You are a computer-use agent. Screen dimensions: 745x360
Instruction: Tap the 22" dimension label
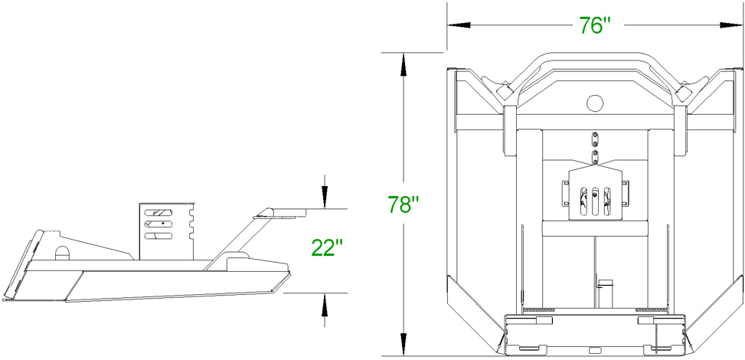point(327,247)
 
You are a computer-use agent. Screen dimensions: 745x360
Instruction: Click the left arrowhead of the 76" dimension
point(459,25)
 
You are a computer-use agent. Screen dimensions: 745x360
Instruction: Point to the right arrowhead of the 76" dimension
point(731,25)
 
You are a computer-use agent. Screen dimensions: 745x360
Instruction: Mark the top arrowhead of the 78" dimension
point(404,64)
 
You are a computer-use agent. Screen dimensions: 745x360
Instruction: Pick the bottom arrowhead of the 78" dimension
point(404,344)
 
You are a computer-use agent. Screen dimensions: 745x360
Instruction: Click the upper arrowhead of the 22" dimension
point(324,197)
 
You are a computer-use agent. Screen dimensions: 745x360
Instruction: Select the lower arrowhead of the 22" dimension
point(324,305)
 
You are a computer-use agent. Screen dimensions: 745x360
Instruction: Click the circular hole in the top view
point(594,102)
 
